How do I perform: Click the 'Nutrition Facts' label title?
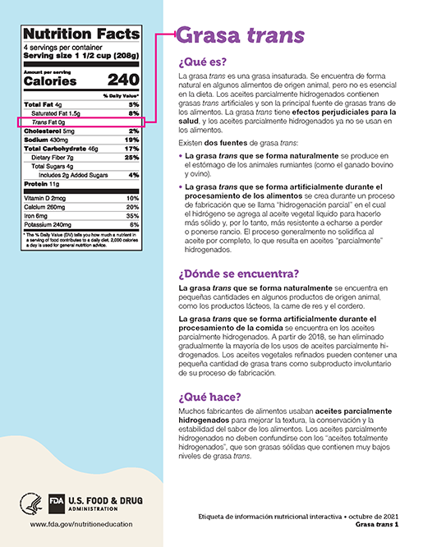tap(81, 34)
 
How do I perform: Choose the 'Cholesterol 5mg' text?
tap(49, 131)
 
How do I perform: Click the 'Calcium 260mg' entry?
tap(49, 207)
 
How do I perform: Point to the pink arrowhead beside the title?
tap(172, 35)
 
